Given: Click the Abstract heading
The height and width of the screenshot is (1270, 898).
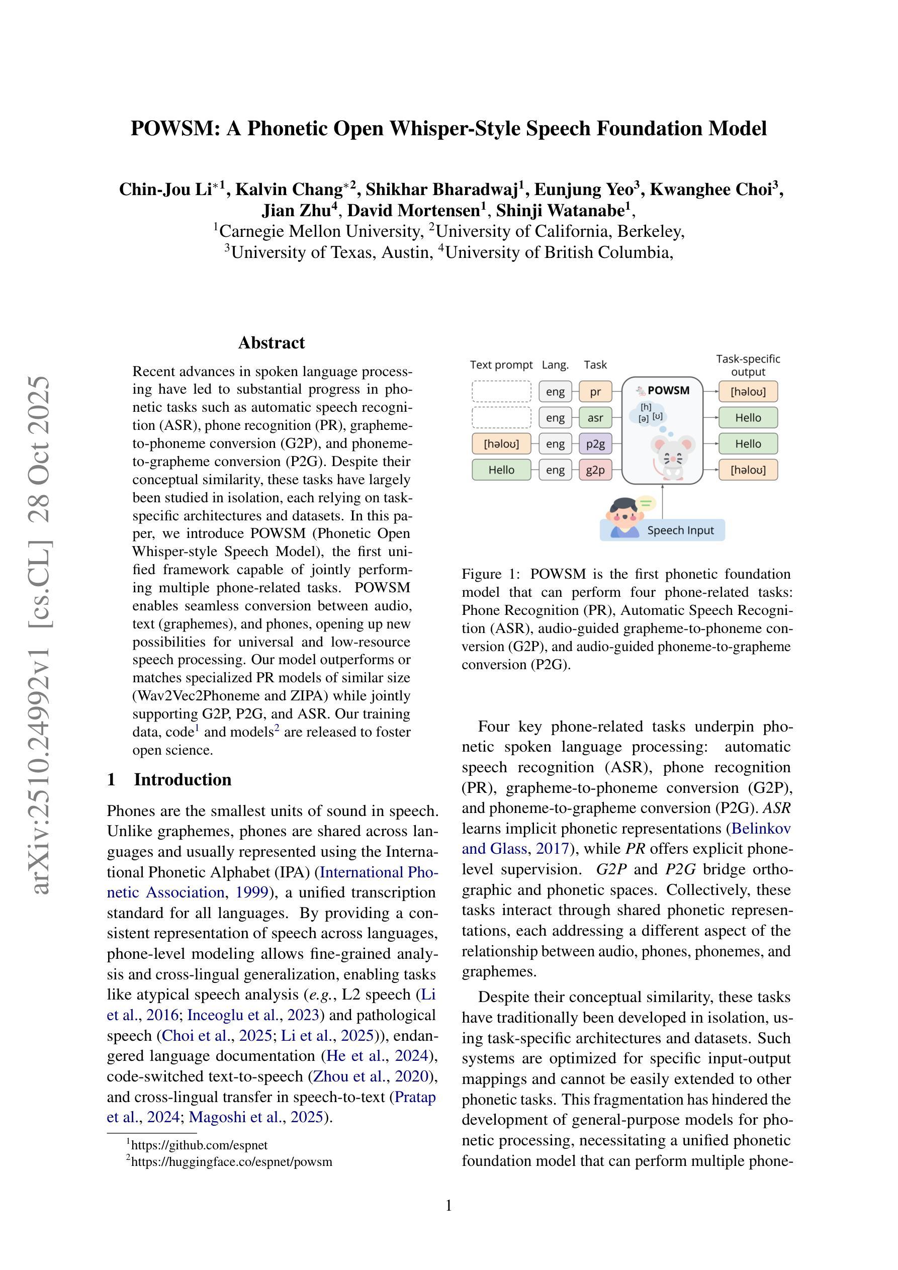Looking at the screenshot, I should tap(271, 342).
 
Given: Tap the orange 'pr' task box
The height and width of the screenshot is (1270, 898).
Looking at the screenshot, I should tap(595, 392).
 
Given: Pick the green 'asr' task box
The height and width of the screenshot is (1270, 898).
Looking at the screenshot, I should tap(595, 418).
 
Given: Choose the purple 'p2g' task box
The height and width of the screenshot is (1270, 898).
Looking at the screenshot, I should tap(595, 443).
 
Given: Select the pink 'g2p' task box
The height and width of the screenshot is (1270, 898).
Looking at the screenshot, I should tap(595, 470).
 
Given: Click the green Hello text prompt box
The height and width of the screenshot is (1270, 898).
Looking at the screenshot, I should tap(501, 470).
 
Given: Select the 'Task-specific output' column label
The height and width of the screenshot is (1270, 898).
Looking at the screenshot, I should tap(748, 365).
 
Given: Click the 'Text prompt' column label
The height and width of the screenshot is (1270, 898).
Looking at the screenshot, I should tap(501, 365).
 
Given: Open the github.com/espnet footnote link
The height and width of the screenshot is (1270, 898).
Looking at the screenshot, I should tap(199, 1145).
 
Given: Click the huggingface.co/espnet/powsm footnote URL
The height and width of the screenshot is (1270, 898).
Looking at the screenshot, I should tap(231, 1161).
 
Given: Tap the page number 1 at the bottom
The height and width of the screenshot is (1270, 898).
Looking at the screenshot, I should tap(448, 1206).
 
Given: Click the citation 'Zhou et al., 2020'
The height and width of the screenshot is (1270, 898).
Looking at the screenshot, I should tap(371, 1076).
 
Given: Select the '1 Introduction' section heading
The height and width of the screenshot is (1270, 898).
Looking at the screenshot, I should tap(169, 779).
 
